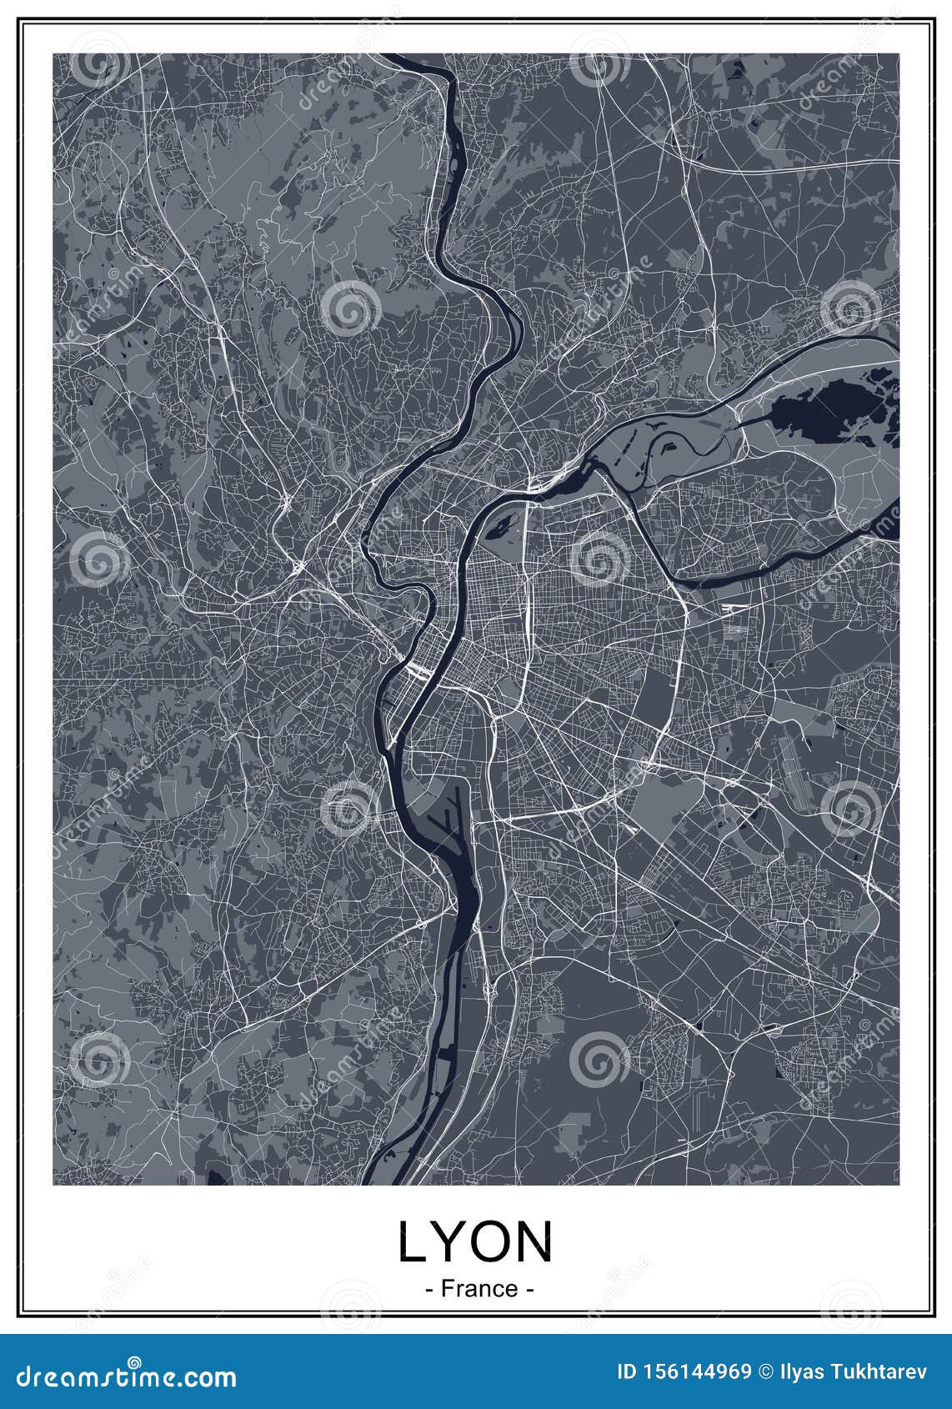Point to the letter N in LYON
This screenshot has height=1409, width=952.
point(537,1243)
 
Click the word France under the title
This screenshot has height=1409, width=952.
point(479,1288)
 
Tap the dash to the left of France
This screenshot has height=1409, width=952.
point(428,1289)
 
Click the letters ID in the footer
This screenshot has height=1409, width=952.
point(627,1371)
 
